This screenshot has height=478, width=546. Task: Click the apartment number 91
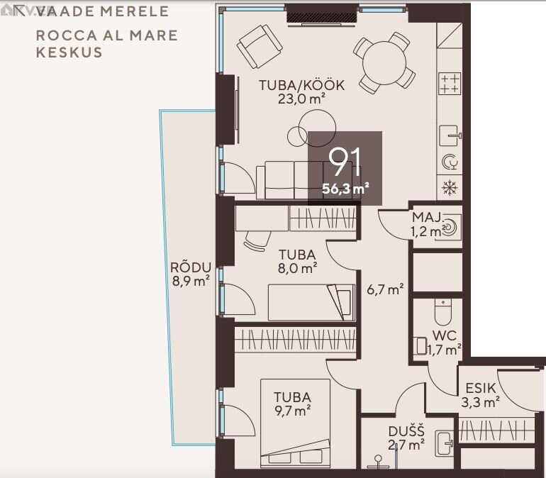345,162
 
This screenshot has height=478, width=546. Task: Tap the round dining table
384,62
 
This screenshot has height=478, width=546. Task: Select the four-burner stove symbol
450,83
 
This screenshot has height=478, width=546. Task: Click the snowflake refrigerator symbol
450,188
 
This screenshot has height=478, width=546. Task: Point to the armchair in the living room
260,46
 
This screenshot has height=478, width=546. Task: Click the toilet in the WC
443,311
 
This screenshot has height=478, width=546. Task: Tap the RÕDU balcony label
191,267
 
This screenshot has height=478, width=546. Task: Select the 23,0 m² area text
301,99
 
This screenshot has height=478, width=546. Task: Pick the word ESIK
481,388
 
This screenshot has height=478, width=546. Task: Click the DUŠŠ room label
406,431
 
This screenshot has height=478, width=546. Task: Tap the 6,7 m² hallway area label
385,289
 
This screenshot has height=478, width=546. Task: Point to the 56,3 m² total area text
345,189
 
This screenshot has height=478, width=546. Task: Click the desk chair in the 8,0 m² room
257,240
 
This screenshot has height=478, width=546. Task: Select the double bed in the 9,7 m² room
295,423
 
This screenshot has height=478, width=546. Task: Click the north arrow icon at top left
19,11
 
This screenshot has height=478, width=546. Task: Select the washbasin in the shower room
445,443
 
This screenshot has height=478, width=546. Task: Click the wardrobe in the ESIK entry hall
496,430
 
